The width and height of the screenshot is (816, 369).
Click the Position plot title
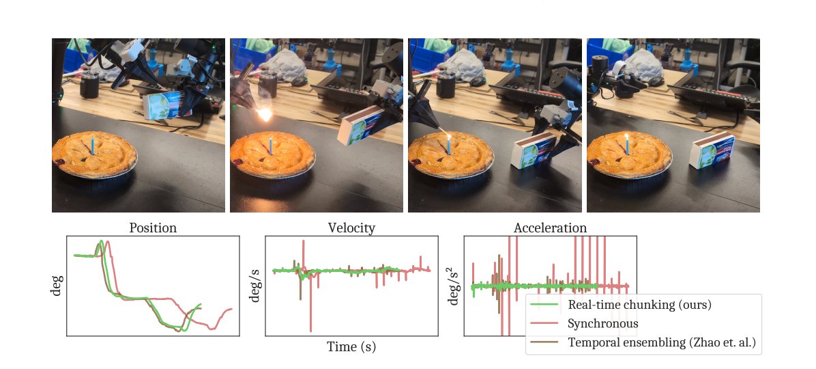153,228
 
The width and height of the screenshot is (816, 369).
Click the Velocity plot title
351,228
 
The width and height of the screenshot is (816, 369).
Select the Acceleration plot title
550,228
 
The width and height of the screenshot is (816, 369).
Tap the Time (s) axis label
351,346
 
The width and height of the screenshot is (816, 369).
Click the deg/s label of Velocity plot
255,285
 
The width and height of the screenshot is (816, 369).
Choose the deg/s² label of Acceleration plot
453,285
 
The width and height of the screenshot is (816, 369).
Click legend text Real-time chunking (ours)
640,305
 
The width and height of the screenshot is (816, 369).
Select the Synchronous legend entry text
603,323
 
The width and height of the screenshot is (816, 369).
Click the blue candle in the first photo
92,145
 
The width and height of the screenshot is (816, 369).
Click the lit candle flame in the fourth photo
626,138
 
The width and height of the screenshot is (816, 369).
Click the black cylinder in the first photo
90,85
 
